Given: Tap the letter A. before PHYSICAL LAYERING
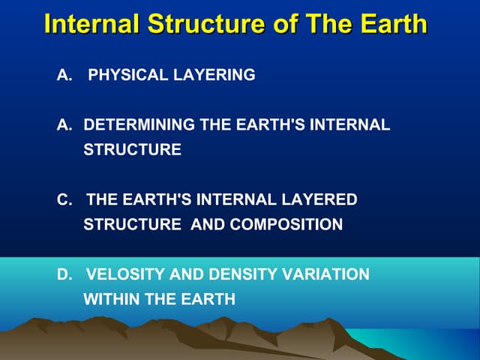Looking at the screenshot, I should [64, 76].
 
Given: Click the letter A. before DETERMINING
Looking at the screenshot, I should [64, 125].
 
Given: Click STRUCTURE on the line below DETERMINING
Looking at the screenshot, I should [132, 150].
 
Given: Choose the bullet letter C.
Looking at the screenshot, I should [64, 199].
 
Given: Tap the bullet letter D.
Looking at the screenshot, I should [64, 274].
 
